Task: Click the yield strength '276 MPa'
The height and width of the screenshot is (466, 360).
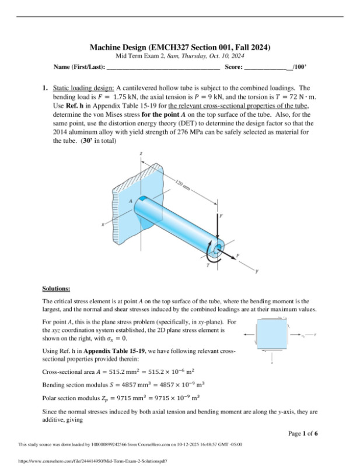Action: point(179,134)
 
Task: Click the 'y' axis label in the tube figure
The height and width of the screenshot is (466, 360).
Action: point(257,272)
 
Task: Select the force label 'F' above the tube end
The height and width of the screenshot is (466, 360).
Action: point(221,216)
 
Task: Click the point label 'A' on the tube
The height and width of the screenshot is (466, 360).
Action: point(130,200)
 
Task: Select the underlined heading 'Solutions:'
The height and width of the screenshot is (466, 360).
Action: point(56,289)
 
